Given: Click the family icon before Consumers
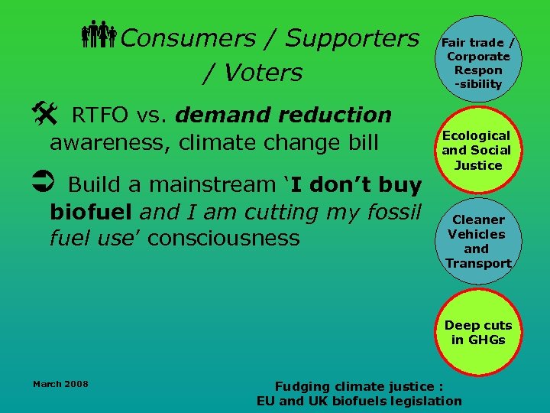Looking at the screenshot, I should click(99, 37).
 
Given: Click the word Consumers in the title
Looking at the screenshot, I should click(187, 37).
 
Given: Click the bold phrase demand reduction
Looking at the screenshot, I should click(283, 115).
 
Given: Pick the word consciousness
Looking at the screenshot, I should click(223, 238).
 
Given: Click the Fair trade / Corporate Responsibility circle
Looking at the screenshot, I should click(478, 63).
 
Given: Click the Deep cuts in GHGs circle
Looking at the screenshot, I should click(478, 333).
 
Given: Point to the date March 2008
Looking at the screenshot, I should click(60, 383).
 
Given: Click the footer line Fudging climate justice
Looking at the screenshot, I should click(358, 386).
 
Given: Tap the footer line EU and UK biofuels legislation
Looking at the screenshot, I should click(359, 401).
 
